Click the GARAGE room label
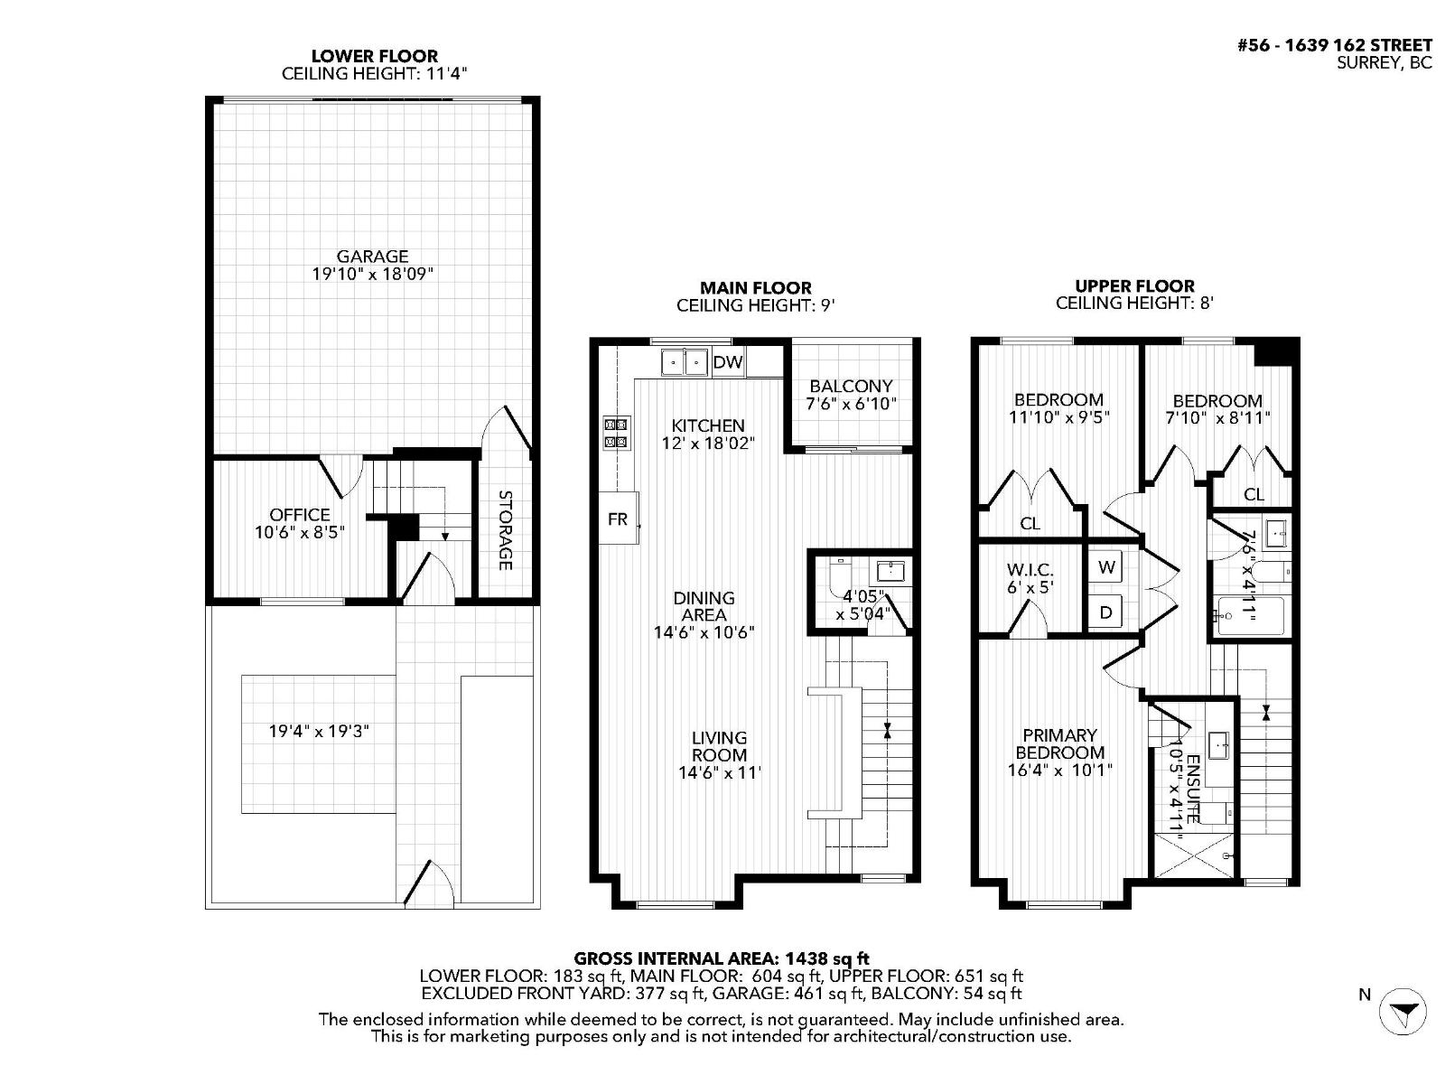[372, 257]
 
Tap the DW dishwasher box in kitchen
[728, 362]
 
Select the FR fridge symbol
[618, 519]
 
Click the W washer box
[1106, 567]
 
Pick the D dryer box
[1105, 612]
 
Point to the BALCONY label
[851, 386]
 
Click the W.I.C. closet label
[1030, 571]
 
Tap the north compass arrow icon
[1403, 1010]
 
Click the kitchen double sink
[685, 362]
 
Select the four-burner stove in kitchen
[616, 432]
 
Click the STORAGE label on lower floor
[505, 530]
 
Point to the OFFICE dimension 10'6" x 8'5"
[299, 533]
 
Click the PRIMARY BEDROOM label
[1059, 743]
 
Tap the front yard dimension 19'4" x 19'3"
[319, 731]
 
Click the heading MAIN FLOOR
[755, 288]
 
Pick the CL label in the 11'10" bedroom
[1030, 523]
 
